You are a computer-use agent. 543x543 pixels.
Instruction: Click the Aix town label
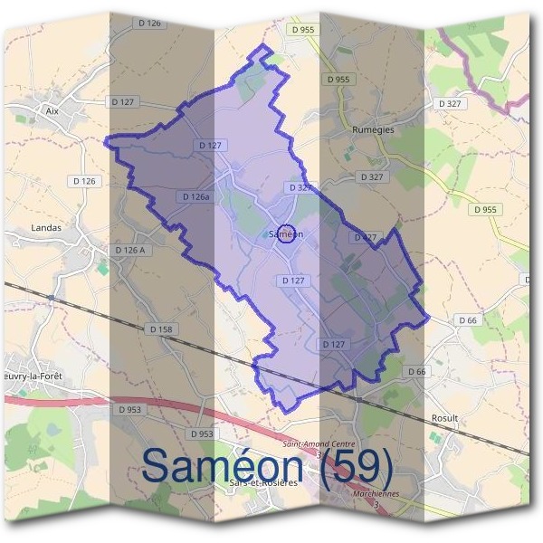tap(51, 110)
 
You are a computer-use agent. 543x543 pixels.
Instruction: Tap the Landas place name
tap(46, 228)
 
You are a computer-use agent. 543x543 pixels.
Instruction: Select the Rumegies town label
tap(373, 130)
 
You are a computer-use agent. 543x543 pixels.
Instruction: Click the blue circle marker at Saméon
tap(286, 234)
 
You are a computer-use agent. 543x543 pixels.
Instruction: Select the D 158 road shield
tap(160, 329)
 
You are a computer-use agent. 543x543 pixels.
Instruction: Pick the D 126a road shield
tap(195, 196)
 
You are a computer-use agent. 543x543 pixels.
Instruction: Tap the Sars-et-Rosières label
tap(263, 483)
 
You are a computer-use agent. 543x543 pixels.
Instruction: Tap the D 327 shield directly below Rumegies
tap(371, 176)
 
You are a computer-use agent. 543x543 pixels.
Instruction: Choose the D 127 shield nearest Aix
tap(121, 102)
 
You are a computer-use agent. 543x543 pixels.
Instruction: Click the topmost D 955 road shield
tap(304, 30)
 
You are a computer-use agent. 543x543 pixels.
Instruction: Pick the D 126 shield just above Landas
tap(83, 181)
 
